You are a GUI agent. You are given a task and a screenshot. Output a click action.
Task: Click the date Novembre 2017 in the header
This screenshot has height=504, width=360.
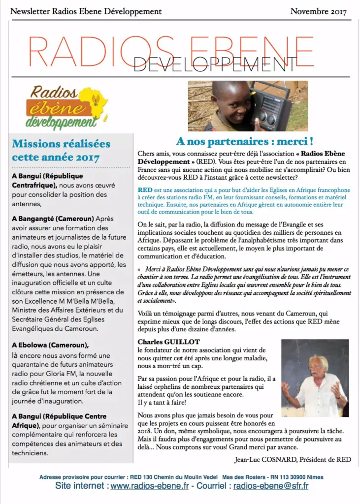(x=318, y=11)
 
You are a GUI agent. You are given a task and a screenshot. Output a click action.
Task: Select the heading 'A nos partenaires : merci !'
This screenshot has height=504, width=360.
(x=245, y=141)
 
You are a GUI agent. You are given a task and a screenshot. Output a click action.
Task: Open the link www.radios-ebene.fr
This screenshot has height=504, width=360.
(x=150, y=486)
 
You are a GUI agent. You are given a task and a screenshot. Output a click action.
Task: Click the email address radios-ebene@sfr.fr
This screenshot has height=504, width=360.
(x=271, y=486)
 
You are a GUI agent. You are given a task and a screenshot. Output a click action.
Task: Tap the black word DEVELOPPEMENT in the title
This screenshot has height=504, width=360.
(x=215, y=64)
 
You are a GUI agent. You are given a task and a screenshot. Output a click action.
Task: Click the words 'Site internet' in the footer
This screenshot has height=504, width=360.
(x=81, y=486)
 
